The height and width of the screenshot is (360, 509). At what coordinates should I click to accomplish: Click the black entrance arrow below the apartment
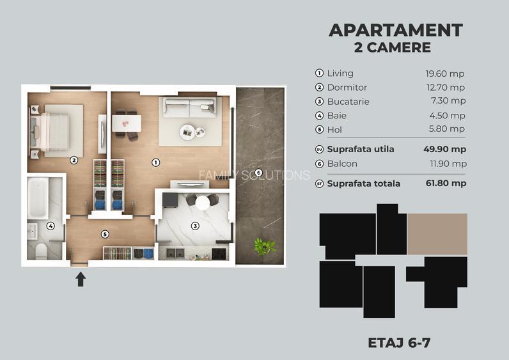[x=81, y=279]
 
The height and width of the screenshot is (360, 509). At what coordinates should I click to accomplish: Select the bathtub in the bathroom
[x=38, y=198]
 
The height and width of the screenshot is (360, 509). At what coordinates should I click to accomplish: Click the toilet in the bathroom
[x=39, y=250]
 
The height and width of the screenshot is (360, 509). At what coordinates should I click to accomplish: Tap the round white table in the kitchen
[x=203, y=203]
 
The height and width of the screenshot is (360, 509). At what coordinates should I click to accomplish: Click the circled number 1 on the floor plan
[x=155, y=162]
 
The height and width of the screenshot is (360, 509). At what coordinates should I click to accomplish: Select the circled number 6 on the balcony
[x=258, y=173]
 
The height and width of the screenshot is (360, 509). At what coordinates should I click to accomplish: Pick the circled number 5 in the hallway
[x=106, y=234]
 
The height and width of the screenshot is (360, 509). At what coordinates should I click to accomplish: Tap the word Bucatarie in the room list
[x=348, y=102]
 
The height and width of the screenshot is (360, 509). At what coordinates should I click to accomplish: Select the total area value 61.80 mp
[x=444, y=184]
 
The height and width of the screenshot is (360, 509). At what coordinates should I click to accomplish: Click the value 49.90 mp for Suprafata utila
[x=444, y=150]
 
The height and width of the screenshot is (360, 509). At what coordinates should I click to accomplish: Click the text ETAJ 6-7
[x=399, y=342]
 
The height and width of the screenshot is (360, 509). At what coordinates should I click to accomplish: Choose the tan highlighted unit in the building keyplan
[x=437, y=234]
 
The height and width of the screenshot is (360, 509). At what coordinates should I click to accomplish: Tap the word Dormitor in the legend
[x=347, y=88]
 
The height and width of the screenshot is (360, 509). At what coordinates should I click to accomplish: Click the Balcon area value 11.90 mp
[x=446, y=164]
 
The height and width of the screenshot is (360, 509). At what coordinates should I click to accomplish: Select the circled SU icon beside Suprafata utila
[x=320, y=150]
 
